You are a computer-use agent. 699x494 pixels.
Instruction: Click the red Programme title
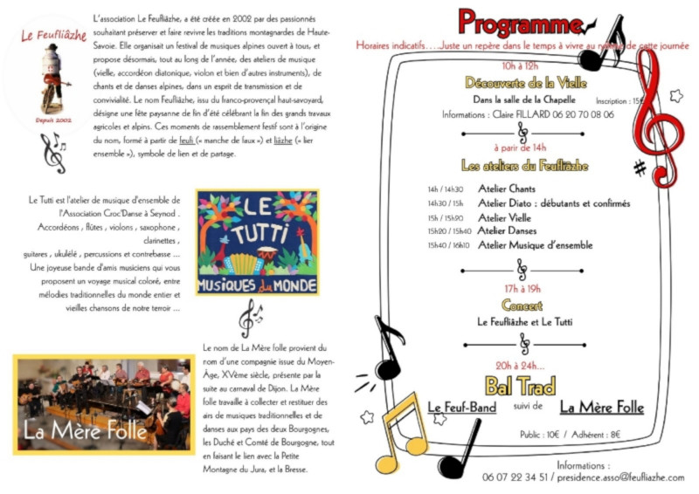pyautogui.click(x=516, y=23)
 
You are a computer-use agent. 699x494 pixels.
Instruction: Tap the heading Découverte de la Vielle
pyautogui.click(x=522, y=83)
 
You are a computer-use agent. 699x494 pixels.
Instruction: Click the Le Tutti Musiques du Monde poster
pyautogui.click(x=257, y=243)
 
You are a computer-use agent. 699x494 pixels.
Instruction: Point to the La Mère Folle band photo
pyautogui.click(x=102, y=403)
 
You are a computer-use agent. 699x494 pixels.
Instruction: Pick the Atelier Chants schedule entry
pyautogui.click(x=507, y=189)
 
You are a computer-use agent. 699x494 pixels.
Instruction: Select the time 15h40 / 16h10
pyautogui.click(x=449, y=245)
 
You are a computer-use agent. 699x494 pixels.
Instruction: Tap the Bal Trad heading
pyautogui.click(x=520, y=385)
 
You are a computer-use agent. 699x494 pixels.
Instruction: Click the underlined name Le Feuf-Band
pyautogui.click(x=462, y=408)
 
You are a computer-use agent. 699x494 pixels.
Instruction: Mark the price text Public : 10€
pyautogui.click(x=541, y=433)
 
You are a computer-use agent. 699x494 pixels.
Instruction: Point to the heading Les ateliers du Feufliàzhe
pyautogui.click(x=524, y=165)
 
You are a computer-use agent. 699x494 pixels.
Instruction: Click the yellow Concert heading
pyautogui.click(x=522, y=305)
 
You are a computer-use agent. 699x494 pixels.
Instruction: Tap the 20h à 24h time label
pyautogui.click(x=520, y=366)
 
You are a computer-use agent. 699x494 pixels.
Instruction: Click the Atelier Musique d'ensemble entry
pyautogui.click(x=535, y=245)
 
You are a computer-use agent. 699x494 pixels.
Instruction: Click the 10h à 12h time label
pyautogui.click(x=522, y=66)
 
